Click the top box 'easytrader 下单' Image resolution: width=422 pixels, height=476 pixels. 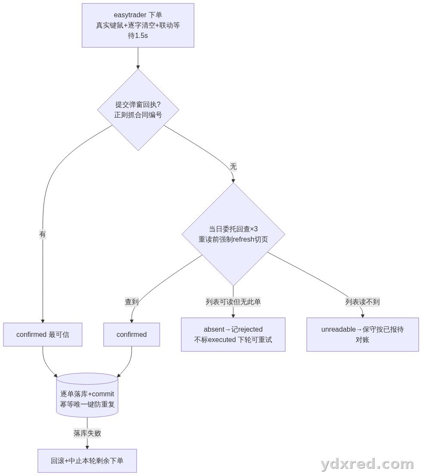pos(138,25)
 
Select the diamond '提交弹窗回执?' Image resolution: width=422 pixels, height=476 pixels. pos(138,110)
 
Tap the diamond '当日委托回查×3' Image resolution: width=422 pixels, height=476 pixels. pos(233,234)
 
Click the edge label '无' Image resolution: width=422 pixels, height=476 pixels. pos(233,166)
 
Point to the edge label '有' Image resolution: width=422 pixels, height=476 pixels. pos(43,234)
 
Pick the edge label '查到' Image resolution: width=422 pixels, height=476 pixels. pos(132,302)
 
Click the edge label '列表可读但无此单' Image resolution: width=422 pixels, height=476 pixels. pos(233,302)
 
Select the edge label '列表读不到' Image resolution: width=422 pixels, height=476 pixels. pos(363,302)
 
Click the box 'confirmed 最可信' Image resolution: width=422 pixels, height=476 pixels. pos(43,335)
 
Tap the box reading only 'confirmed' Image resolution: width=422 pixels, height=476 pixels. pos(132,335)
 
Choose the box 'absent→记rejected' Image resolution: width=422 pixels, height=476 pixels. pos(233,335)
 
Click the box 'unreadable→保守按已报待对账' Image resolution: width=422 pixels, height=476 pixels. pos(363,335)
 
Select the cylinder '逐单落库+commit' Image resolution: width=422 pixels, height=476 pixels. pos(87,395)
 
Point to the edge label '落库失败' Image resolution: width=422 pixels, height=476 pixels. pos(87,433)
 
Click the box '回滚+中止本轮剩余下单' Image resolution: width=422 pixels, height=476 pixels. pos(87,461)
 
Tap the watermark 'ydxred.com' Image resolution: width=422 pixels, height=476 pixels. pos(367,464)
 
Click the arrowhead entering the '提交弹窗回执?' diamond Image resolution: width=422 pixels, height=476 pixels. pos(138,67)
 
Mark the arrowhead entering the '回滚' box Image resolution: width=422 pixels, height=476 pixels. pos(87,447)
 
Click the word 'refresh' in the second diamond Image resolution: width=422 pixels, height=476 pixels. pos(243,239)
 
